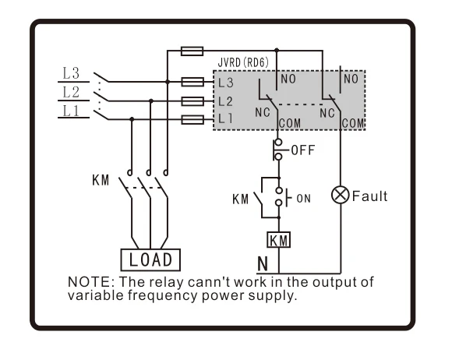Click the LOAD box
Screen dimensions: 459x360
(x=150, y=259)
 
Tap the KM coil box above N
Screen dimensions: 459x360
(x=279, y=240)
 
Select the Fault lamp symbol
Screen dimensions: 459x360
(x=340, y=195)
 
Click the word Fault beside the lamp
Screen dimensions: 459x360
(x=369, y=196)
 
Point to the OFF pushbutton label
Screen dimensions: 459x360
(x=303, y=150)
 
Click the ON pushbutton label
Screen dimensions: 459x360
(x=304, y=199)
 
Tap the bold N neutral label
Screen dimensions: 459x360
(x=263, y=263)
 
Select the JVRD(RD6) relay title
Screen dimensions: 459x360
(x=243, y=62)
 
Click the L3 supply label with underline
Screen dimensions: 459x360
(x=71, y=73)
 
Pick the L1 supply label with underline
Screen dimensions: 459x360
(x=71, y=111)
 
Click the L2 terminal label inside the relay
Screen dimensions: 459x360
(x=225, y=101)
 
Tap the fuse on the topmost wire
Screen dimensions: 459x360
(x=192, y=51)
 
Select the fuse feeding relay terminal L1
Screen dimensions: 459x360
(x=192, y=119)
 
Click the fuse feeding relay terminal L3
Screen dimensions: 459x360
(x=192, y=82)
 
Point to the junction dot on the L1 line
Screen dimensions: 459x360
(x=132, y=119)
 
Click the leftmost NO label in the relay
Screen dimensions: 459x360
(x=288, y=79)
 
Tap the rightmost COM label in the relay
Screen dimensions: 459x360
(x=353, y=124)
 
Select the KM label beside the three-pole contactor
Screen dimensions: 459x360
(x=101, y=180)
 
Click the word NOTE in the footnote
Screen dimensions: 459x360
(x=89, y=282)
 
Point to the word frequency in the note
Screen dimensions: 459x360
(x=163, y=295)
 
